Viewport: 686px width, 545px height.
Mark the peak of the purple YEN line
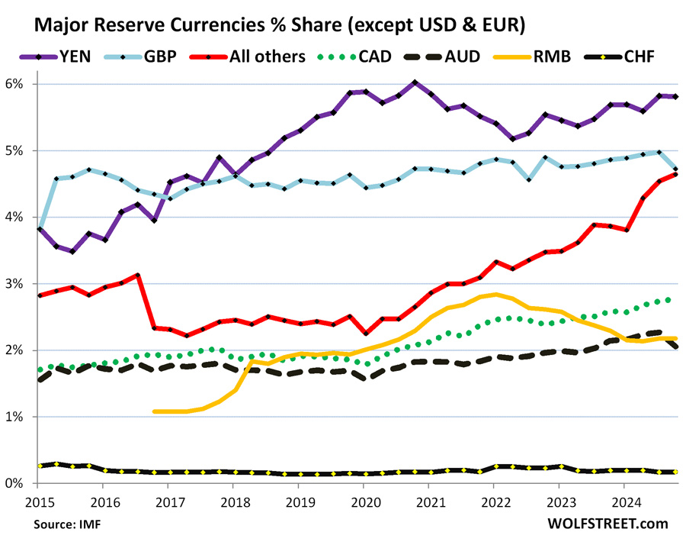click(x=414, y=82)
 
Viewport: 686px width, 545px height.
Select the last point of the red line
click(x=676, y=175)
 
